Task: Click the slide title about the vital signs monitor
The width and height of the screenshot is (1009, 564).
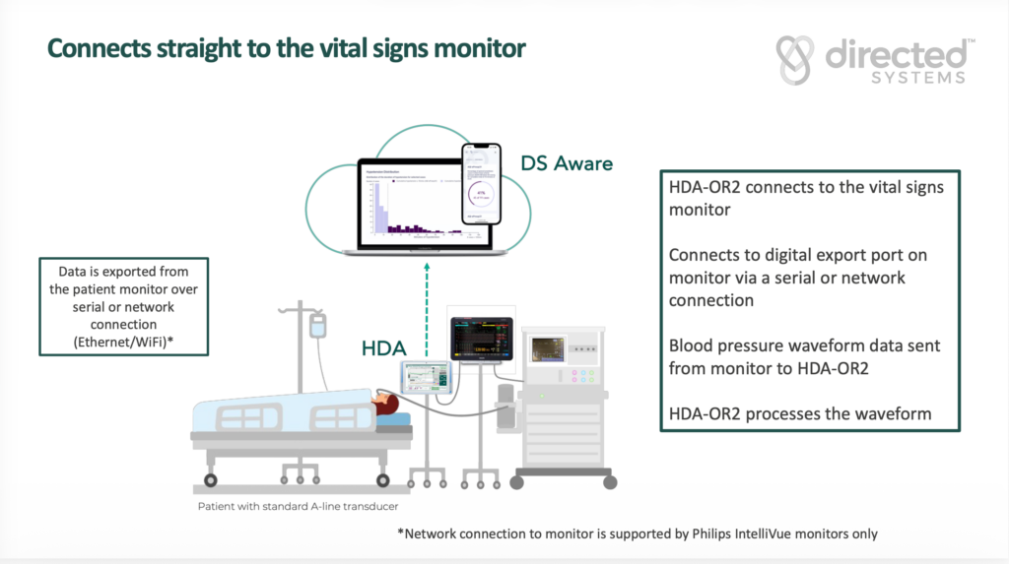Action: pos(286,48)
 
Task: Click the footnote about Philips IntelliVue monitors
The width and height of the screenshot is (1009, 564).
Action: pos(638,533)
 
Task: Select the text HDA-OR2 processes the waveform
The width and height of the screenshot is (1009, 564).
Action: pos(799,413)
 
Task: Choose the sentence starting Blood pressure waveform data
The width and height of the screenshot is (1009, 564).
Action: pos(804,356)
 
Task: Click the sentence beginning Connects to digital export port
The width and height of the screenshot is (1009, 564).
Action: pos(797,278)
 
